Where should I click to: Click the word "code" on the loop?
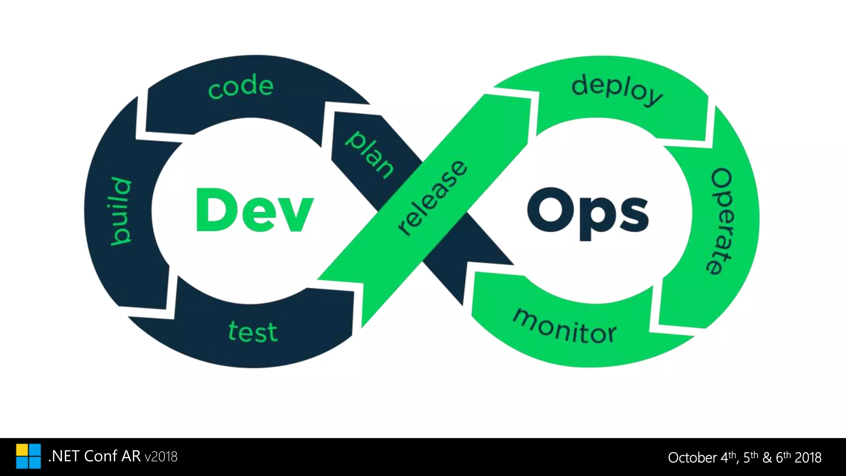pyautogui.click(x=241, y=86)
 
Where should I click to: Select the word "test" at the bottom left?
pyautogui.click(x=253, y=332)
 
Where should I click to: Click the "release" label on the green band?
pyautogui.click(x=433, y=198)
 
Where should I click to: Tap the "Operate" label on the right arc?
pyautogui.click(x=720, y=221)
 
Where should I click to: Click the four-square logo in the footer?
pyautogui.click(x=29, y=456)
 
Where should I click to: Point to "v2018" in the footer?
pyautogui.click(x=161, y=457)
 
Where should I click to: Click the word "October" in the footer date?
pyautogui.click(x=692, y=458)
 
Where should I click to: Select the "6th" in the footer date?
pyautogui.click(x=783, y=457)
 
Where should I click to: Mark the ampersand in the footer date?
pyautogui.click(x=767, y=458)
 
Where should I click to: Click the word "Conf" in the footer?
pyautogui.click(x=101, y=456)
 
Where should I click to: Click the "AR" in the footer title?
pyautogui.click(x=131, y=456)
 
